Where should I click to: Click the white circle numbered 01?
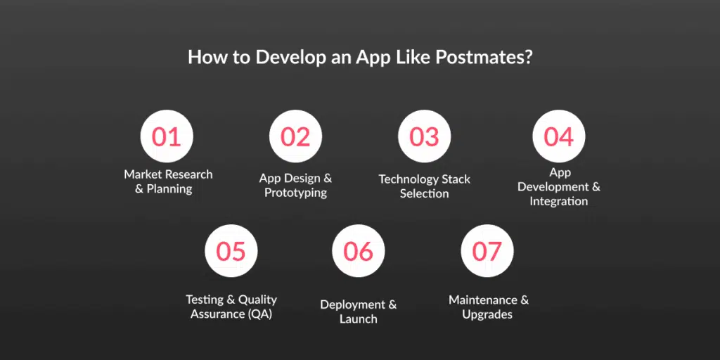[x=167, y=136]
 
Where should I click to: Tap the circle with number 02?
[x=295, y=136]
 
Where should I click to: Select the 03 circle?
[x=424, y=136]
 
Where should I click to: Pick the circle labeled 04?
[x=559, y=136]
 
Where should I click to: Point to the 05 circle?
[x=231, y=251]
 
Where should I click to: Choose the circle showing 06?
[x=358, y=251]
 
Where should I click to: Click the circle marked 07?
[x=487, y=251]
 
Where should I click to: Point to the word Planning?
[x=169, y=189]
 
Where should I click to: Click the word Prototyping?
[x=295, y=193]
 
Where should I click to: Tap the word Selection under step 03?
[x=424, y=193]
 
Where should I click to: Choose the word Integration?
[x=559, y=201]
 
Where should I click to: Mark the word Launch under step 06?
[x=358, y=319]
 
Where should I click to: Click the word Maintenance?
[x=483, y=300]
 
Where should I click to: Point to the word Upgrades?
[x=487, y=315]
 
